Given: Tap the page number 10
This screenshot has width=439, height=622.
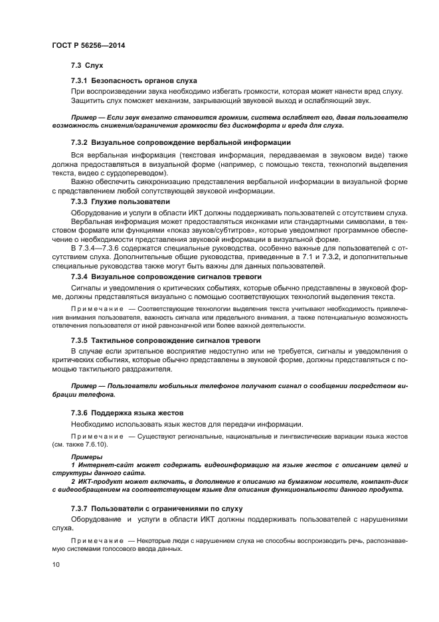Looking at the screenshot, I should point(55,564).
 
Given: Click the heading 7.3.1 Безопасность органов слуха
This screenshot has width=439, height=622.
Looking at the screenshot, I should point(133,80).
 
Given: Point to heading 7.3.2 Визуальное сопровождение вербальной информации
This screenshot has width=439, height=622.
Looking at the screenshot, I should point(180,143).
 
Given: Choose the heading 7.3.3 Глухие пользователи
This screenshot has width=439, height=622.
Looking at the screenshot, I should point(120,201).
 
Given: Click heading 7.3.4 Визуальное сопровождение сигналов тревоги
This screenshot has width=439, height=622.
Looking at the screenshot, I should point(166,276).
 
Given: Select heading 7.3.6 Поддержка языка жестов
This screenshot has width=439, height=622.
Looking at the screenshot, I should point(127,413).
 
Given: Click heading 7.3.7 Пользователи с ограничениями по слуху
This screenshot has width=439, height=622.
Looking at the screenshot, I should point(156,508).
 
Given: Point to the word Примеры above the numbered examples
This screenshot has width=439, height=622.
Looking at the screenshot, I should point(85,457).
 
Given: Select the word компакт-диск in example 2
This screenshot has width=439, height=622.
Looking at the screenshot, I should point(383,480).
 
